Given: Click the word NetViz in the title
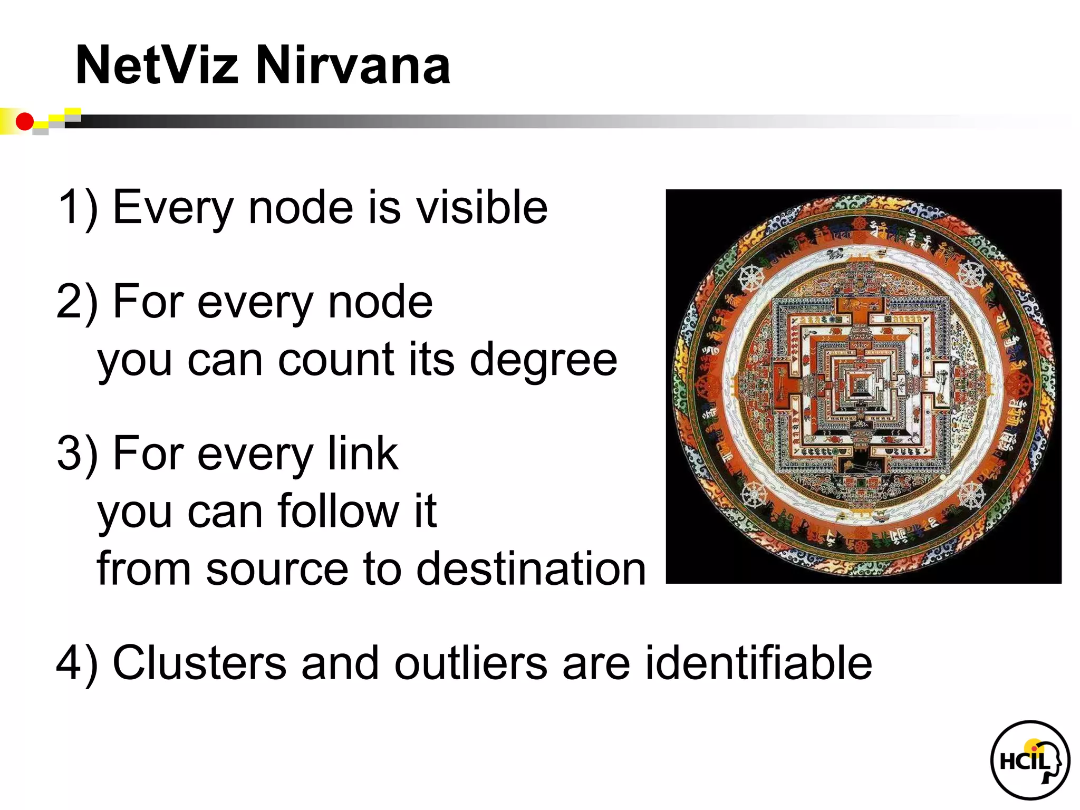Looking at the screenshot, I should [157, 65].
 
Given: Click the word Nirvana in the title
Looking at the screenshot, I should [352, 65].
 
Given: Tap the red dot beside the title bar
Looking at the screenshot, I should [24, 122].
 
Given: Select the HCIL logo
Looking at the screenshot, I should [1029, 760].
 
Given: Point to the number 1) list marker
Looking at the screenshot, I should [78, 207].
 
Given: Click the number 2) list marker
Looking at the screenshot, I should [78, 302].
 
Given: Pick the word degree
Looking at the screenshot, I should [543, 361].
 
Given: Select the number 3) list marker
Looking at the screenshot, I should [78, 453].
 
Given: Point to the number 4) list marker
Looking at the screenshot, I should [78, 663].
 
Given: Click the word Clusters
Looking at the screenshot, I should [199, 663].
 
